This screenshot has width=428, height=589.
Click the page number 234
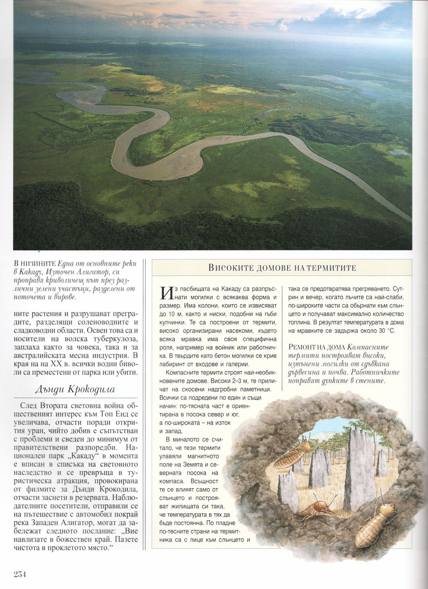(x=19, y=574)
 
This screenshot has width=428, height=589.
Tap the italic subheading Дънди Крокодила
(x=75, y=389)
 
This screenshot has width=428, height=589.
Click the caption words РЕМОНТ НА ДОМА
(x=316, y=347)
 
